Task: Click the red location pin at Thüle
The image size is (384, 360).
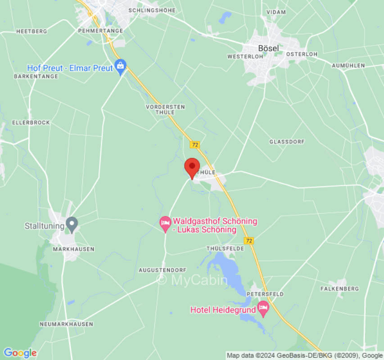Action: pyautogui.click(x=192, y=167)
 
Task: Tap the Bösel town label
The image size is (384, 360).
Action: pyautogui.click(x=268, y=48)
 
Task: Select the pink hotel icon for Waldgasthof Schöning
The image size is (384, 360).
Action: pyautogui.click(x=165, y=222)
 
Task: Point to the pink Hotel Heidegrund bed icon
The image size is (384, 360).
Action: pyautogui.click(x=263, y=309)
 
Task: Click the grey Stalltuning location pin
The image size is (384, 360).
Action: pyautogui.click(x=72, y=224)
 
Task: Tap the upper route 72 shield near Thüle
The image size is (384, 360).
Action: pyautogui.click(x=194, y=144)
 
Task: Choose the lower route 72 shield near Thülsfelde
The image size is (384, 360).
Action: pyautogui.click(x=249, y=241)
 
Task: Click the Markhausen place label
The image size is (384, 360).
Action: pyautogui.click(x=73, y=249)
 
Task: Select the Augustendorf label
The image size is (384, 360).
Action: pyautogui.click(x=162, y=270)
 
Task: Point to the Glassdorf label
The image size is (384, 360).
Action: pyautogui.click(x=287, y=141)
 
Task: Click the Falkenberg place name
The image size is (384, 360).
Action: pyautogui.click(x=339, y=288)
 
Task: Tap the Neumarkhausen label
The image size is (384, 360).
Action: pyautogui.click(x=66, y=324)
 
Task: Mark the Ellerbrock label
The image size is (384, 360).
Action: pyautogui.click(x=31, y=122)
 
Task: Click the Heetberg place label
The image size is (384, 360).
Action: pyautogui.click(x=32, y=31)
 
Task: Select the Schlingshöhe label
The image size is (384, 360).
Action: pyautogui.click(x=152, y=10)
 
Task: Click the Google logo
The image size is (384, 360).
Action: pyautogui.click(x=20, y=353)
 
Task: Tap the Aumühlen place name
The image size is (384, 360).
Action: pyautogui.click(x=348, y=65)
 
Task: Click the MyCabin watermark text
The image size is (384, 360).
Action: pyautogui.click(x=192, y=280)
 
